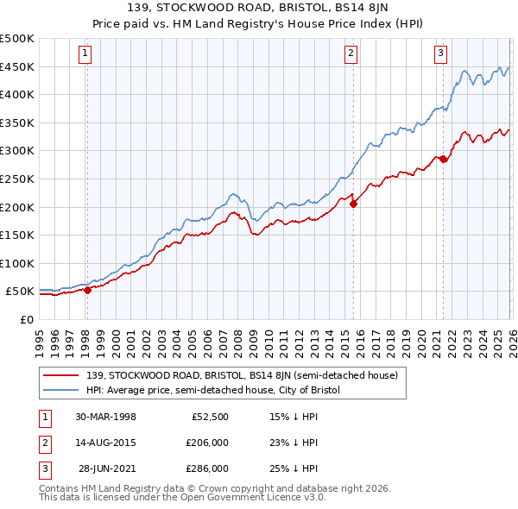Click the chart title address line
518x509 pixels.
pyautogui.click(x=259, y=9)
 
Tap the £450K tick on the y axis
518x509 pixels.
pyautogui.click(x=17, y=67)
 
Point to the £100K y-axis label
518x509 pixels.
pyautogui.click(x=17, y=263)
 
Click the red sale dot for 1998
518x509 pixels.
pyautogui.click(x=87, y=290)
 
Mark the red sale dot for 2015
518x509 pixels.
pyautogui.click(x=353, y=204)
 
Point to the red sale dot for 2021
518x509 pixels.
pyautogui.click(x=443, y=159)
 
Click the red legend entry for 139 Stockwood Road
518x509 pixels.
pyautogui.click(x=242, y=375)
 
